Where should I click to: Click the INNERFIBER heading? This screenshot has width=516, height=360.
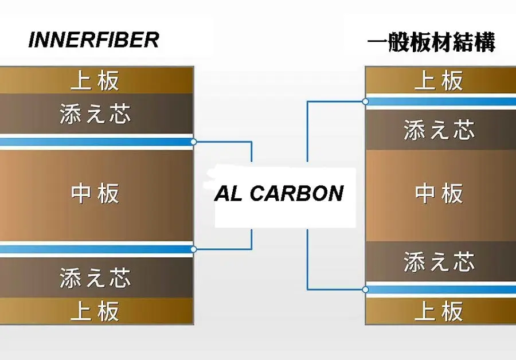94,40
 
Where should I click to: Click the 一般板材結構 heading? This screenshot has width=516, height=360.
431,42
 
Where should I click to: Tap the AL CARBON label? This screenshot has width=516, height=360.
279,193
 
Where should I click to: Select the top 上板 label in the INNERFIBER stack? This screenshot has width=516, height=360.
95,81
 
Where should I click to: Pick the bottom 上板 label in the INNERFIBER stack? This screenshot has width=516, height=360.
95,311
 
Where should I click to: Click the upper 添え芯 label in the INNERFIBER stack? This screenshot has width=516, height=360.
95,114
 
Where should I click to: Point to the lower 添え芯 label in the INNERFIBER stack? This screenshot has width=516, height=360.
95,277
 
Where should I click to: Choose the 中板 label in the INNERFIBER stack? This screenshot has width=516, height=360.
95,194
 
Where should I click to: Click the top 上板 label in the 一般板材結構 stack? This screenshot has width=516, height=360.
439,81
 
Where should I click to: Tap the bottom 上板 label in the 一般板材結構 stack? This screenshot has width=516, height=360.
439,311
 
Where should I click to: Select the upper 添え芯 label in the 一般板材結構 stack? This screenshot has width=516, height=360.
439,130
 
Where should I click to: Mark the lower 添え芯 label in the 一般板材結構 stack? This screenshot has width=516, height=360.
439,262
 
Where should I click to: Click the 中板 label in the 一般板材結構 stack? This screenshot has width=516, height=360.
439,194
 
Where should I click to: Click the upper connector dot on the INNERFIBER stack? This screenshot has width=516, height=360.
194,142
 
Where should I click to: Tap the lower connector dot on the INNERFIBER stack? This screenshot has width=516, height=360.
194,249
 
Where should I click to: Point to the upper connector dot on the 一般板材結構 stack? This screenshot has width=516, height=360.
365,101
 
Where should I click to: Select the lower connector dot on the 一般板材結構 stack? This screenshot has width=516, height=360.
365,289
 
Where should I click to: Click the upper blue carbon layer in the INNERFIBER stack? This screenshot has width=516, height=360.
96,142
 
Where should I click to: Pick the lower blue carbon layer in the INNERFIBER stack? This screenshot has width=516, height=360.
96,249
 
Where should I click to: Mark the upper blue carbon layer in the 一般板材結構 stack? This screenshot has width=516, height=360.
441,101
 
